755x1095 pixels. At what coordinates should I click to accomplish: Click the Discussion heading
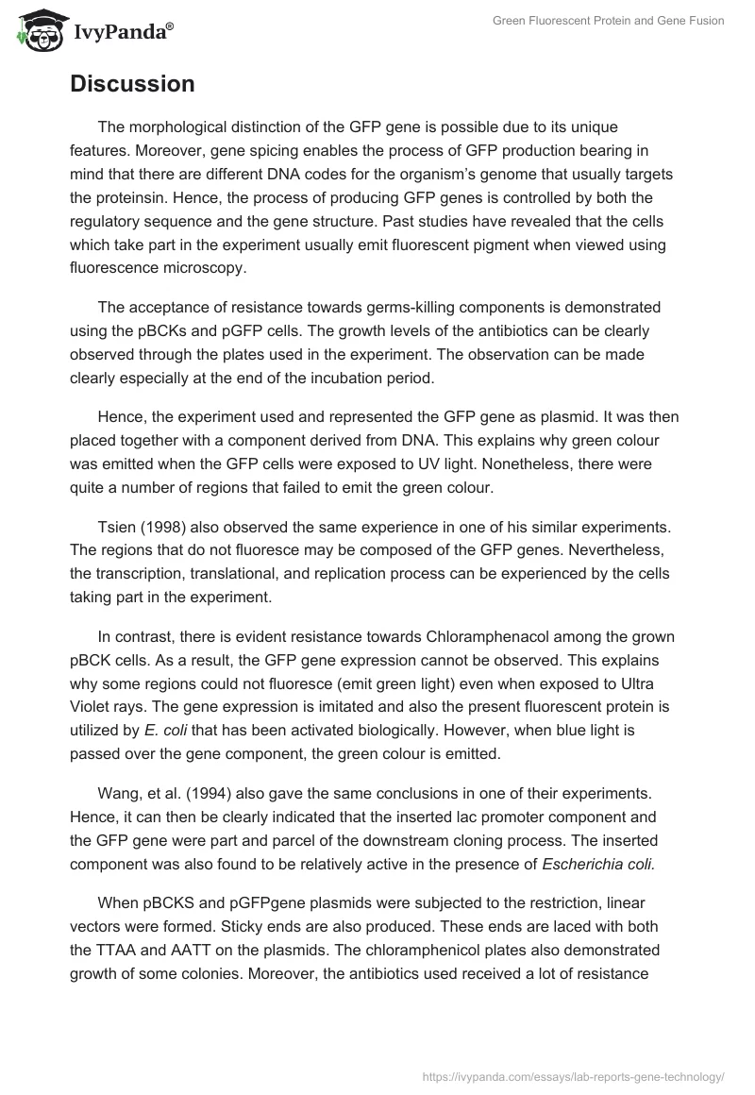coord(132,84)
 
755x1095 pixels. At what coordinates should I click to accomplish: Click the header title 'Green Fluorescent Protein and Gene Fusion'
coord(608,21)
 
